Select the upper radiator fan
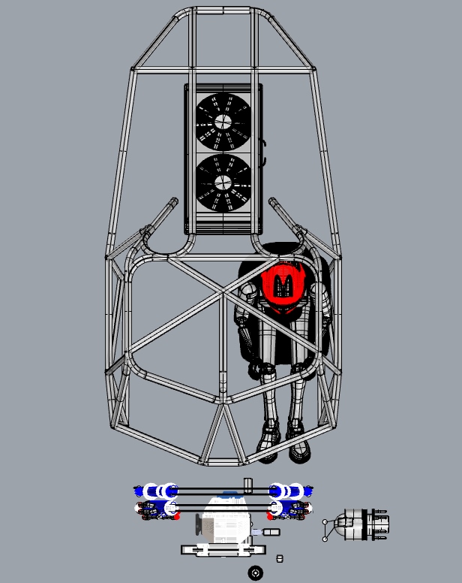click(223, 121)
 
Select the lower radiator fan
click(223, 183)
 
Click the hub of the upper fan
click(223, 121)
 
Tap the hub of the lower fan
click(223, 183)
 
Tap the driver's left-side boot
click(270, 436)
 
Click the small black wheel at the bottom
click(256, 573)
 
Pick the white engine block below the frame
click(225, 520)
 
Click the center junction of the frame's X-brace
click(223, 292)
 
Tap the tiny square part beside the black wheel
click(280, 559)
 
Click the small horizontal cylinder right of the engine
click(269, 532)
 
